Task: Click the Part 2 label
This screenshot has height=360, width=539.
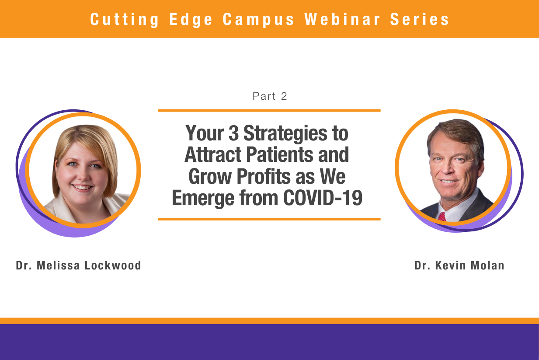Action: [x=270, y=96]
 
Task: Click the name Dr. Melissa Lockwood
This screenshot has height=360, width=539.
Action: [x=79, y=266]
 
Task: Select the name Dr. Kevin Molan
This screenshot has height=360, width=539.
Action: [x=459, y=266]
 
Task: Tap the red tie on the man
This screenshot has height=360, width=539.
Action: [x=442, y=217]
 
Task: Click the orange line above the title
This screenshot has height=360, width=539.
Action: [x=269, y=111]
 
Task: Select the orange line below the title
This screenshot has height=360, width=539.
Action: [x=269, y=219]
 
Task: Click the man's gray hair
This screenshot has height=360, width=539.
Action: [x=455, y=131]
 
